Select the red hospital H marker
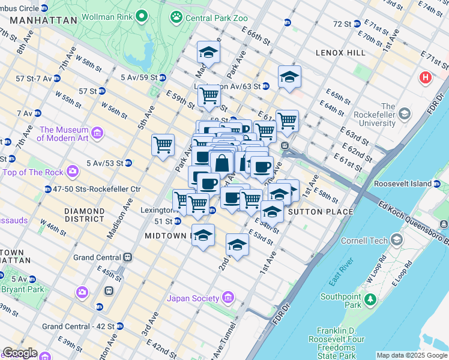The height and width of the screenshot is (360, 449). click(x=426, y=77)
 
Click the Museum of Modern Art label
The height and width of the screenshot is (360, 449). click(x=64, y=134)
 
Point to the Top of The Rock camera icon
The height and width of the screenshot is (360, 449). click(x=73, y=172)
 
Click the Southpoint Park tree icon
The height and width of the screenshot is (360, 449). click(x=371, y=299)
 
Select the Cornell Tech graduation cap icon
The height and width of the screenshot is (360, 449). click(x=396, y=241)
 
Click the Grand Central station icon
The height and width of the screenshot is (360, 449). click(x=127, y=257)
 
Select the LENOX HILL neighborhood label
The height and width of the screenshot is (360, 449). click(x=340, y=53)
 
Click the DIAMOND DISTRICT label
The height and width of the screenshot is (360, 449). click(x=85, y=215)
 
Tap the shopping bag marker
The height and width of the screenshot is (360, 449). click(x=222, y=163)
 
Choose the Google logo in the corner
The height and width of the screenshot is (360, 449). click(x=19, y=353)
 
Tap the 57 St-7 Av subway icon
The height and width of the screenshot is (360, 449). click(x=56, y=79)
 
